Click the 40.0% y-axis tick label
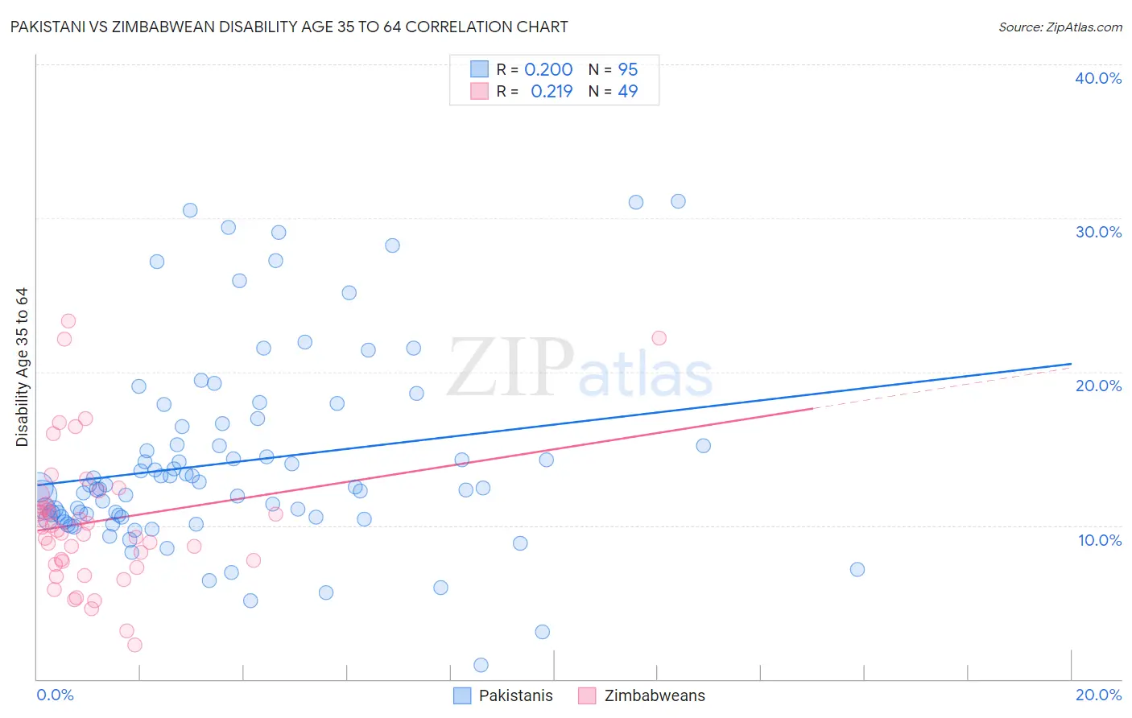1098,78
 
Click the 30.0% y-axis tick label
1098,232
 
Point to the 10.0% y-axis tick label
1100,540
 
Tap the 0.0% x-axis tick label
55,695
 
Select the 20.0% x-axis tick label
1098,695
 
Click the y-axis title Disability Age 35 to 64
22,367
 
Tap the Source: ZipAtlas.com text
1060,27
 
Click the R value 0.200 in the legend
548,70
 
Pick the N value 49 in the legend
628,92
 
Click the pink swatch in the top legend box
479,91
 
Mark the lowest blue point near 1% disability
481,665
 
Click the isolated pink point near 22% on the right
659,338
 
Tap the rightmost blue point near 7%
857,569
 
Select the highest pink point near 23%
68,321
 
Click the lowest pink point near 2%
134,645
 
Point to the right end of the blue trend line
1071,364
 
